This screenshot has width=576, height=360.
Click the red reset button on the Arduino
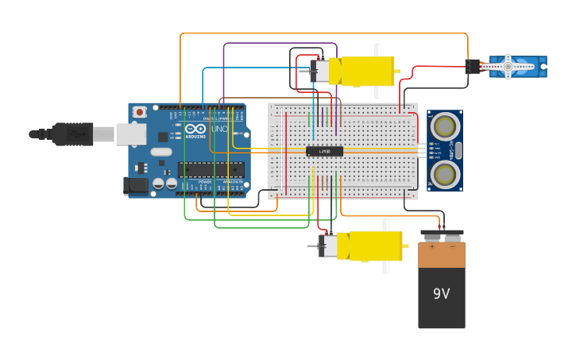[x=140, y=112]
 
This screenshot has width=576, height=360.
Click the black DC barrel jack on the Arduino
[x=136, y=186]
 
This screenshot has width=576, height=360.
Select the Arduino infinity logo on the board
[x=195, y=129]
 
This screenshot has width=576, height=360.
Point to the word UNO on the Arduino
[x=219, y=129]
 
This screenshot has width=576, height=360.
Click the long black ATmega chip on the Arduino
[x=211, y=168]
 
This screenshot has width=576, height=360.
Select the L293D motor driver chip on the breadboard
[x=324, y=151]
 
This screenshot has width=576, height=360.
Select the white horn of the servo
[x=508, y=67]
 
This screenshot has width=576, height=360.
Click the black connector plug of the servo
[x=473, y=67]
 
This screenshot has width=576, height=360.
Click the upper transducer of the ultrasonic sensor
[x=445, y=125]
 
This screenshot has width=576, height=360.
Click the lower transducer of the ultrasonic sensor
[x=445, y=172]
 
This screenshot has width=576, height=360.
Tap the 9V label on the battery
[x=442, y=293]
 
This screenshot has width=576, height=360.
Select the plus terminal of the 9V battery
[x=432, y=236]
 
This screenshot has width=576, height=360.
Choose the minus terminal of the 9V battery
[x=452, y=236]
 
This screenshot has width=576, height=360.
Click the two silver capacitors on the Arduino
[x=164, y=184]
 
